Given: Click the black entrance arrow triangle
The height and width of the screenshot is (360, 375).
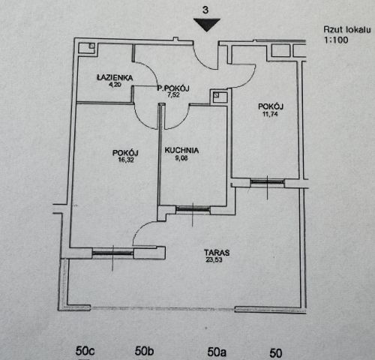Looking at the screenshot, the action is [206, 25].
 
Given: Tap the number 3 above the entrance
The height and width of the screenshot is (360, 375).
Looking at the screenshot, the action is [205, 10].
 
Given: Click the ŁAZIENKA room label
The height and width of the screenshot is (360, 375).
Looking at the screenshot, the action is [115, 77].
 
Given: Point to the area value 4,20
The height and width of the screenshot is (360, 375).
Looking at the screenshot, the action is [115, 85].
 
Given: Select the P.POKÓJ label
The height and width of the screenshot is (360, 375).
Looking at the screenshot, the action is [173, 88].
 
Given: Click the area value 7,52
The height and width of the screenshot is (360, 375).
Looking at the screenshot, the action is [173, 94].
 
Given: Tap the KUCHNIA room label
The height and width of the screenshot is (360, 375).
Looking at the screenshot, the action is [181, 150].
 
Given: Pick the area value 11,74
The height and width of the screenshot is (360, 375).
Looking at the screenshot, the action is [270, 114].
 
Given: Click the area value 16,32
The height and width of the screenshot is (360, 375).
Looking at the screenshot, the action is [126, 160].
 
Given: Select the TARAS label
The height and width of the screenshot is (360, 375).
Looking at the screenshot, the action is [217, 253].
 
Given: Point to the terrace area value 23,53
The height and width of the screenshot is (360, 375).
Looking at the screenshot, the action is [214, 259].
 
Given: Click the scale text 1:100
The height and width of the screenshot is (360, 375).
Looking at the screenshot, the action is [336, 40].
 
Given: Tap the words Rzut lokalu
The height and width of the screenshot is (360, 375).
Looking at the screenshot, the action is [347, 29].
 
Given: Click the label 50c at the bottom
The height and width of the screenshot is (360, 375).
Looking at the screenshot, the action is [85, 351].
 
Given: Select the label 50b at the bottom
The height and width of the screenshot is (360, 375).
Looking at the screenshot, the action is [144, 351].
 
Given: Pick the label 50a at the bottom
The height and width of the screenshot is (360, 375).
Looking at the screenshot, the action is [217, 352].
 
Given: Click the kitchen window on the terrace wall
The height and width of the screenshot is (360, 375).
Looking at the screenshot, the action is [193, 208].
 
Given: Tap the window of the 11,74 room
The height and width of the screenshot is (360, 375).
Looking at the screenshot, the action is [268, 181].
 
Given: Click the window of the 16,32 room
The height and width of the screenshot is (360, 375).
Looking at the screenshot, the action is [113, 253].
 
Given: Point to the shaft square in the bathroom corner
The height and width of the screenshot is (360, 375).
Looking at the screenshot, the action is [86, 48].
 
